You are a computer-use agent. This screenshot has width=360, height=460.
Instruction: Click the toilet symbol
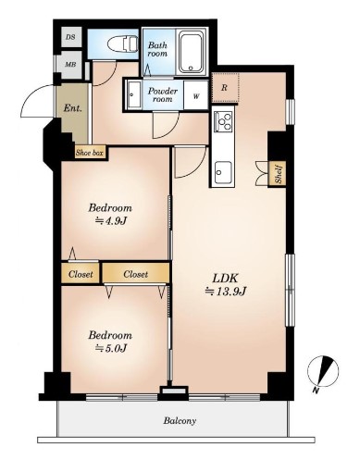tap(123, 44)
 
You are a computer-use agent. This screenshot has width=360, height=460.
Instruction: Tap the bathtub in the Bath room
tap(191, 53)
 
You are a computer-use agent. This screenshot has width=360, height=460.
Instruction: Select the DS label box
tap(71, 37)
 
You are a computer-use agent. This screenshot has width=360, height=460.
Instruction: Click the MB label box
tap(71, 65)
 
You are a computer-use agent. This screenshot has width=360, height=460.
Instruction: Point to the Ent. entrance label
tap(73, 108)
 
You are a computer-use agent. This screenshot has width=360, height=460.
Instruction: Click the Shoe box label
tap(90, 153)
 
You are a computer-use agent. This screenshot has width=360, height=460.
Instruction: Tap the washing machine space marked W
tap(196, 95)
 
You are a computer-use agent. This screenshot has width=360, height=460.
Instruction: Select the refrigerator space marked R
tap(225, 88)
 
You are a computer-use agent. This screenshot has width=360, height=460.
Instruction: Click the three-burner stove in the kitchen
tap(224, 120)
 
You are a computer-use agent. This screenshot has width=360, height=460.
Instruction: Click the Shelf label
tap(278, 175)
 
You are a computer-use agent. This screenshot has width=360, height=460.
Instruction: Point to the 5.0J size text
tap(111, 348)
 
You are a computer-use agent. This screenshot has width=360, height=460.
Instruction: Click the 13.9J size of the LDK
tap(226, 291)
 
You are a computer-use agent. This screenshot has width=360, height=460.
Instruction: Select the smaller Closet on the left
tap(81, 274)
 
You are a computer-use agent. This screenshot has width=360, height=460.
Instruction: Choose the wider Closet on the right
tap(136, 274)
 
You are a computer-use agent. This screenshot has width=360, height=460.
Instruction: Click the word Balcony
tap(180, 421)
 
